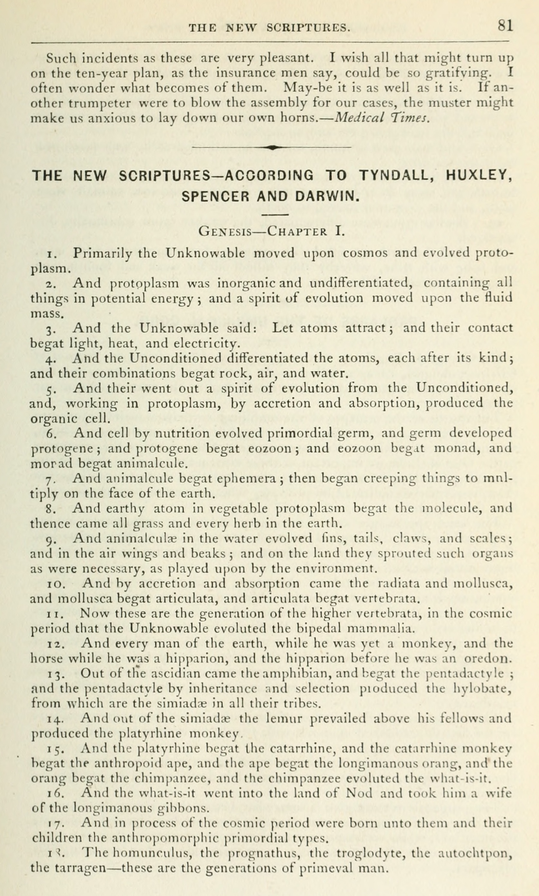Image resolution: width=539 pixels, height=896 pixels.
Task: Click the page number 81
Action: [x=505, y=26]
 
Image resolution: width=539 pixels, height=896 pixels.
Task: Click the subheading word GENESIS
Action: [x=225, y=231]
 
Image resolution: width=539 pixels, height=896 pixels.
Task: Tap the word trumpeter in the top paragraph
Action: [x=99, y=103]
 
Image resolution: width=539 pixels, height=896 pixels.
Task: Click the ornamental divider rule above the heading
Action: [x=271, y=147]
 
